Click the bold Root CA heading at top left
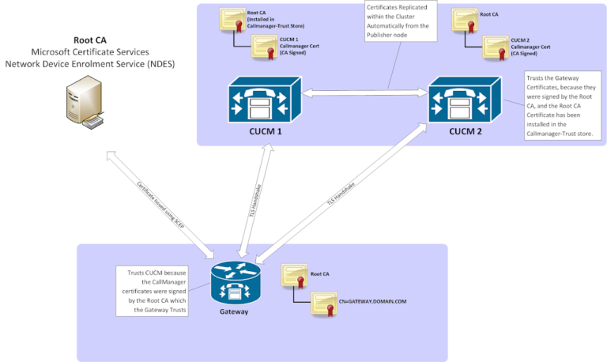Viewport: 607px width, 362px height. click(x=90, y=39)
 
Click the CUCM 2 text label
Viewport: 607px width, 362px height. click(x=465, y=131)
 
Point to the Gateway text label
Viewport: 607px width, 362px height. click(x=236, y=311)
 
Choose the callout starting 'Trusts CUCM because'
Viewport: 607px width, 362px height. click(x=153, y=291)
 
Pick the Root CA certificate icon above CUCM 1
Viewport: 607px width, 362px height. click(x=232, y=21)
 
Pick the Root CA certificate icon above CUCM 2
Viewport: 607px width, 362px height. click(x=463, y=21)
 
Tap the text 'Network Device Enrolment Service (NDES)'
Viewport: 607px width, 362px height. click(x=90, y=63)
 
